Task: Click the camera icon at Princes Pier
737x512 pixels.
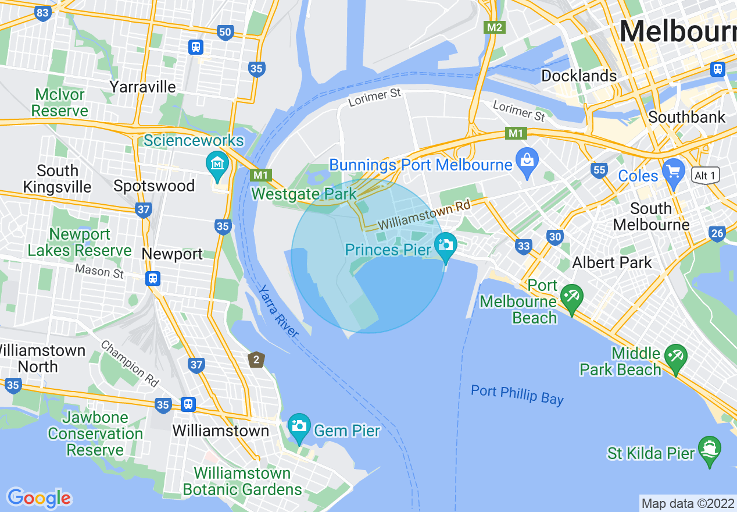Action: [x=446, y=244]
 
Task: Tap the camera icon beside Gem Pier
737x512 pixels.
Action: [x=299, y=426]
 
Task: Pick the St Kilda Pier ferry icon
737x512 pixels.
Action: [x=710, y=449]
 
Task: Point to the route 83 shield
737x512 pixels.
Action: [x=42, y=13]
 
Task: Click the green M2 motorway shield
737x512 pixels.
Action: [x=495, y=27]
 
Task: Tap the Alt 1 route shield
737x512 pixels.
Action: [x=706, y=175]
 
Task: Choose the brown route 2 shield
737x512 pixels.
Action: [x=256, y=360]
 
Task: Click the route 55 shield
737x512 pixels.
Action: [x=599, y=170]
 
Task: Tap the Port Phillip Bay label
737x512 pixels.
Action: [x=517, y=394]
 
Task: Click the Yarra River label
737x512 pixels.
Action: [x=278, y=311]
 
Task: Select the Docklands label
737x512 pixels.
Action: [x=578, y=76]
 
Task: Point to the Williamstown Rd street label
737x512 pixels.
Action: [x=423, y=215]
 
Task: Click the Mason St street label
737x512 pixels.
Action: [x=99, y=271]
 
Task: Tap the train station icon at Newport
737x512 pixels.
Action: [x=153, y=279]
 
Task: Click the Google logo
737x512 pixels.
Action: [x=40, y=498]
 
